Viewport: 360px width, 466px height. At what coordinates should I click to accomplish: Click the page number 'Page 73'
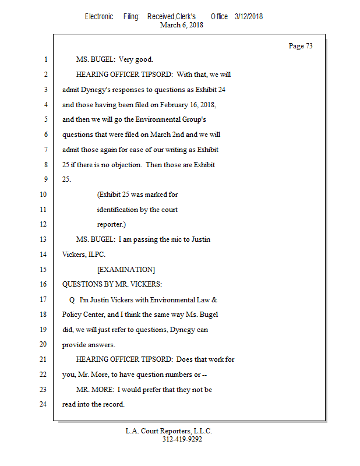tap(301, 46)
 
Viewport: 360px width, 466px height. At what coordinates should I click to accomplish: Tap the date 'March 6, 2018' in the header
tap(181, 25)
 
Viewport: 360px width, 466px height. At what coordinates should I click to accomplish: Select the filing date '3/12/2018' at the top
tap(249, 16)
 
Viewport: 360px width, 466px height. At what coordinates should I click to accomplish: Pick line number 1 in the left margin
tap(44, 59)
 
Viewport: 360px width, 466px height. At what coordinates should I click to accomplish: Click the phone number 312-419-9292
tap(182, 439)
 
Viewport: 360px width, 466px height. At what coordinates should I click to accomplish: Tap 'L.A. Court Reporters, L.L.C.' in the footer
tap(169, 431)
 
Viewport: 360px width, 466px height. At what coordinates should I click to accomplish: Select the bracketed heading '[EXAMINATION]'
tap(126, 270)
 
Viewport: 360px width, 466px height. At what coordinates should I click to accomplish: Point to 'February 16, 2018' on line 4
tap(187, 105)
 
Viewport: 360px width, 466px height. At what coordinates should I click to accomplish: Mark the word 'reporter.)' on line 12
tap(111, 224)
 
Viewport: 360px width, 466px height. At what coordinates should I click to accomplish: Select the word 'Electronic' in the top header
tap(99, 16)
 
